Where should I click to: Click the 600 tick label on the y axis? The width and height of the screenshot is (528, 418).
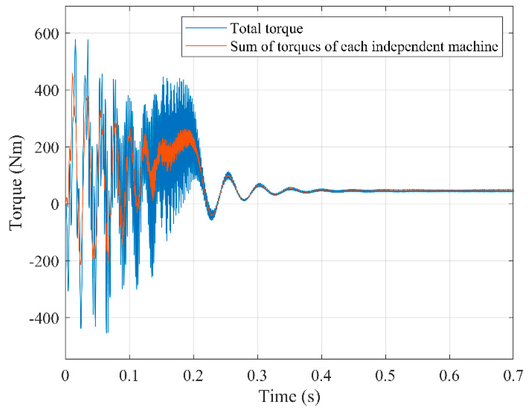47,34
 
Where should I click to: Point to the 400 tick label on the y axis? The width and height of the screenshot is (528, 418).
47,91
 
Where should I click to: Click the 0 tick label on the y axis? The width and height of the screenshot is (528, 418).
55,204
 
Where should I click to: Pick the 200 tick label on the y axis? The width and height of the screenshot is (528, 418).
47,148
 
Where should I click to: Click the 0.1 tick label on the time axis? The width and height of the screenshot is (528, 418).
129,376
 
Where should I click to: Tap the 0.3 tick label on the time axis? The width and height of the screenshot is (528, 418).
257,376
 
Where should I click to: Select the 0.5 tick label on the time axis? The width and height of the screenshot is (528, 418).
385,376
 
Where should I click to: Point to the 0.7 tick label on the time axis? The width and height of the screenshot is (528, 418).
513,376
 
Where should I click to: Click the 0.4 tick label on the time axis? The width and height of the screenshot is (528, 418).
321,376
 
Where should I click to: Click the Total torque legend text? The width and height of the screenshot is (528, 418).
267,28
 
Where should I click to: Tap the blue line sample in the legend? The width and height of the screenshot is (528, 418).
206,28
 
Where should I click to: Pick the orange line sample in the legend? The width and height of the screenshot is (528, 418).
206,46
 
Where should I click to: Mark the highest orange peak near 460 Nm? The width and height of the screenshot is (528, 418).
72,74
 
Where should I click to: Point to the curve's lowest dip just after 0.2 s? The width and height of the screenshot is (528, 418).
212,218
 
